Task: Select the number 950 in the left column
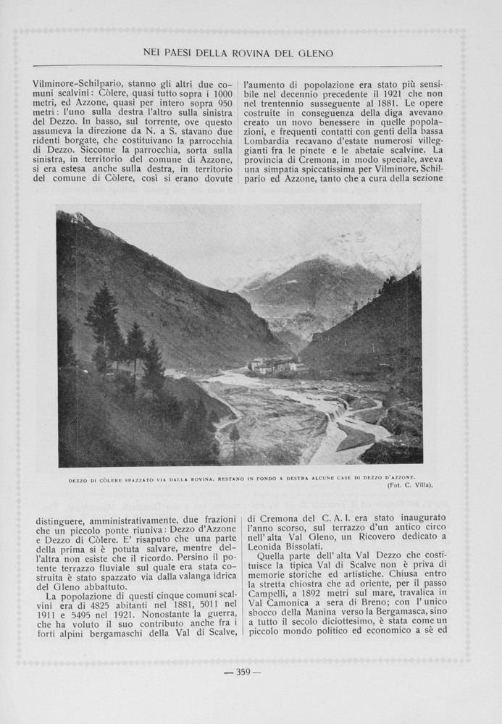point(225,104)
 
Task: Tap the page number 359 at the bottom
point(242,672)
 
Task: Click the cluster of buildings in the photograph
point(273,365)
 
